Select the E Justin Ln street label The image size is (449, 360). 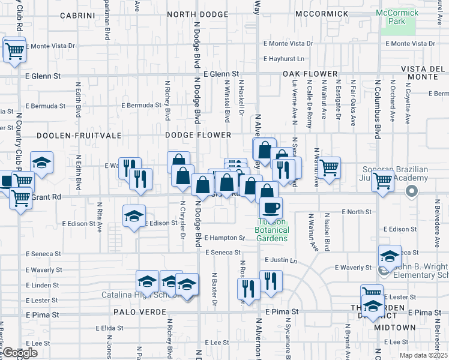pos(280,260)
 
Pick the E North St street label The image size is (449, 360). pos(357,212)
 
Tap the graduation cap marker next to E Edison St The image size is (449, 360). pos(134,217)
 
